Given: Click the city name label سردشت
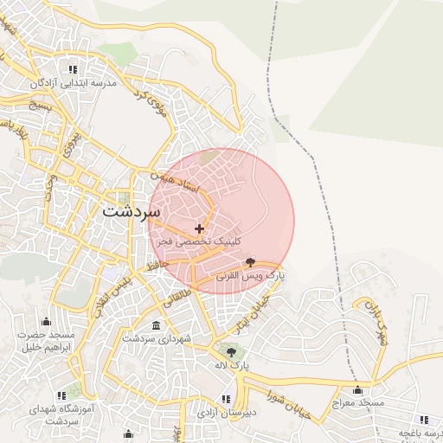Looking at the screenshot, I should click(131, 210).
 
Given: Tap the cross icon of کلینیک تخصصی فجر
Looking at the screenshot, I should click(200, 229).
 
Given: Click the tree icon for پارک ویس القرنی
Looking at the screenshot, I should click(250, 261).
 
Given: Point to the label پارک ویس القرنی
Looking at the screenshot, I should click(250, 275).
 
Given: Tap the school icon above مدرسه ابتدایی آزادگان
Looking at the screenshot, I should click(73, 69).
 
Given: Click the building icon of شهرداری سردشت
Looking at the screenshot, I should click(156, 325).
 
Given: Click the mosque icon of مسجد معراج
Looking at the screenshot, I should click(357, 389).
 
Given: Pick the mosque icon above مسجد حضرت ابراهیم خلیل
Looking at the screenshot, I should click(46, 321).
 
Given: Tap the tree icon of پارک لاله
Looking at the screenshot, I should click(230, 351).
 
